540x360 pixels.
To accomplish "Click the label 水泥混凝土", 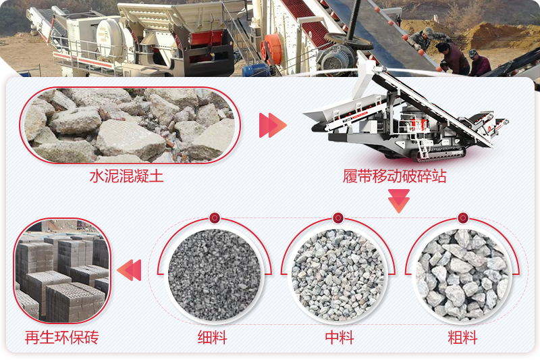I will coord(126,178).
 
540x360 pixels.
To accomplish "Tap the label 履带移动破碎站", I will coord(395,178).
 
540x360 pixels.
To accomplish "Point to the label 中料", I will coord(340,336).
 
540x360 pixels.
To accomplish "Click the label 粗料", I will coord(462,336).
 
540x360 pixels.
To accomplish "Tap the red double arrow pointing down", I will coord(399,201).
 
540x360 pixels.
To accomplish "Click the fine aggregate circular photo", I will coord(214,273).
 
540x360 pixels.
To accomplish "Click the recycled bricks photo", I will coord(62,270).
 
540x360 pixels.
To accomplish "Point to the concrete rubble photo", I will coord(128,125).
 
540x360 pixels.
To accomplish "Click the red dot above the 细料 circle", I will coord(214,218).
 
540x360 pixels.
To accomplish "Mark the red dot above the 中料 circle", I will coord(338,218).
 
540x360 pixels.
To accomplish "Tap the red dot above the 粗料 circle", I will coord(462,218).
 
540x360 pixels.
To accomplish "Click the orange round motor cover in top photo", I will coord(272,49).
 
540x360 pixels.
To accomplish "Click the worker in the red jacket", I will coord(480,63).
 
